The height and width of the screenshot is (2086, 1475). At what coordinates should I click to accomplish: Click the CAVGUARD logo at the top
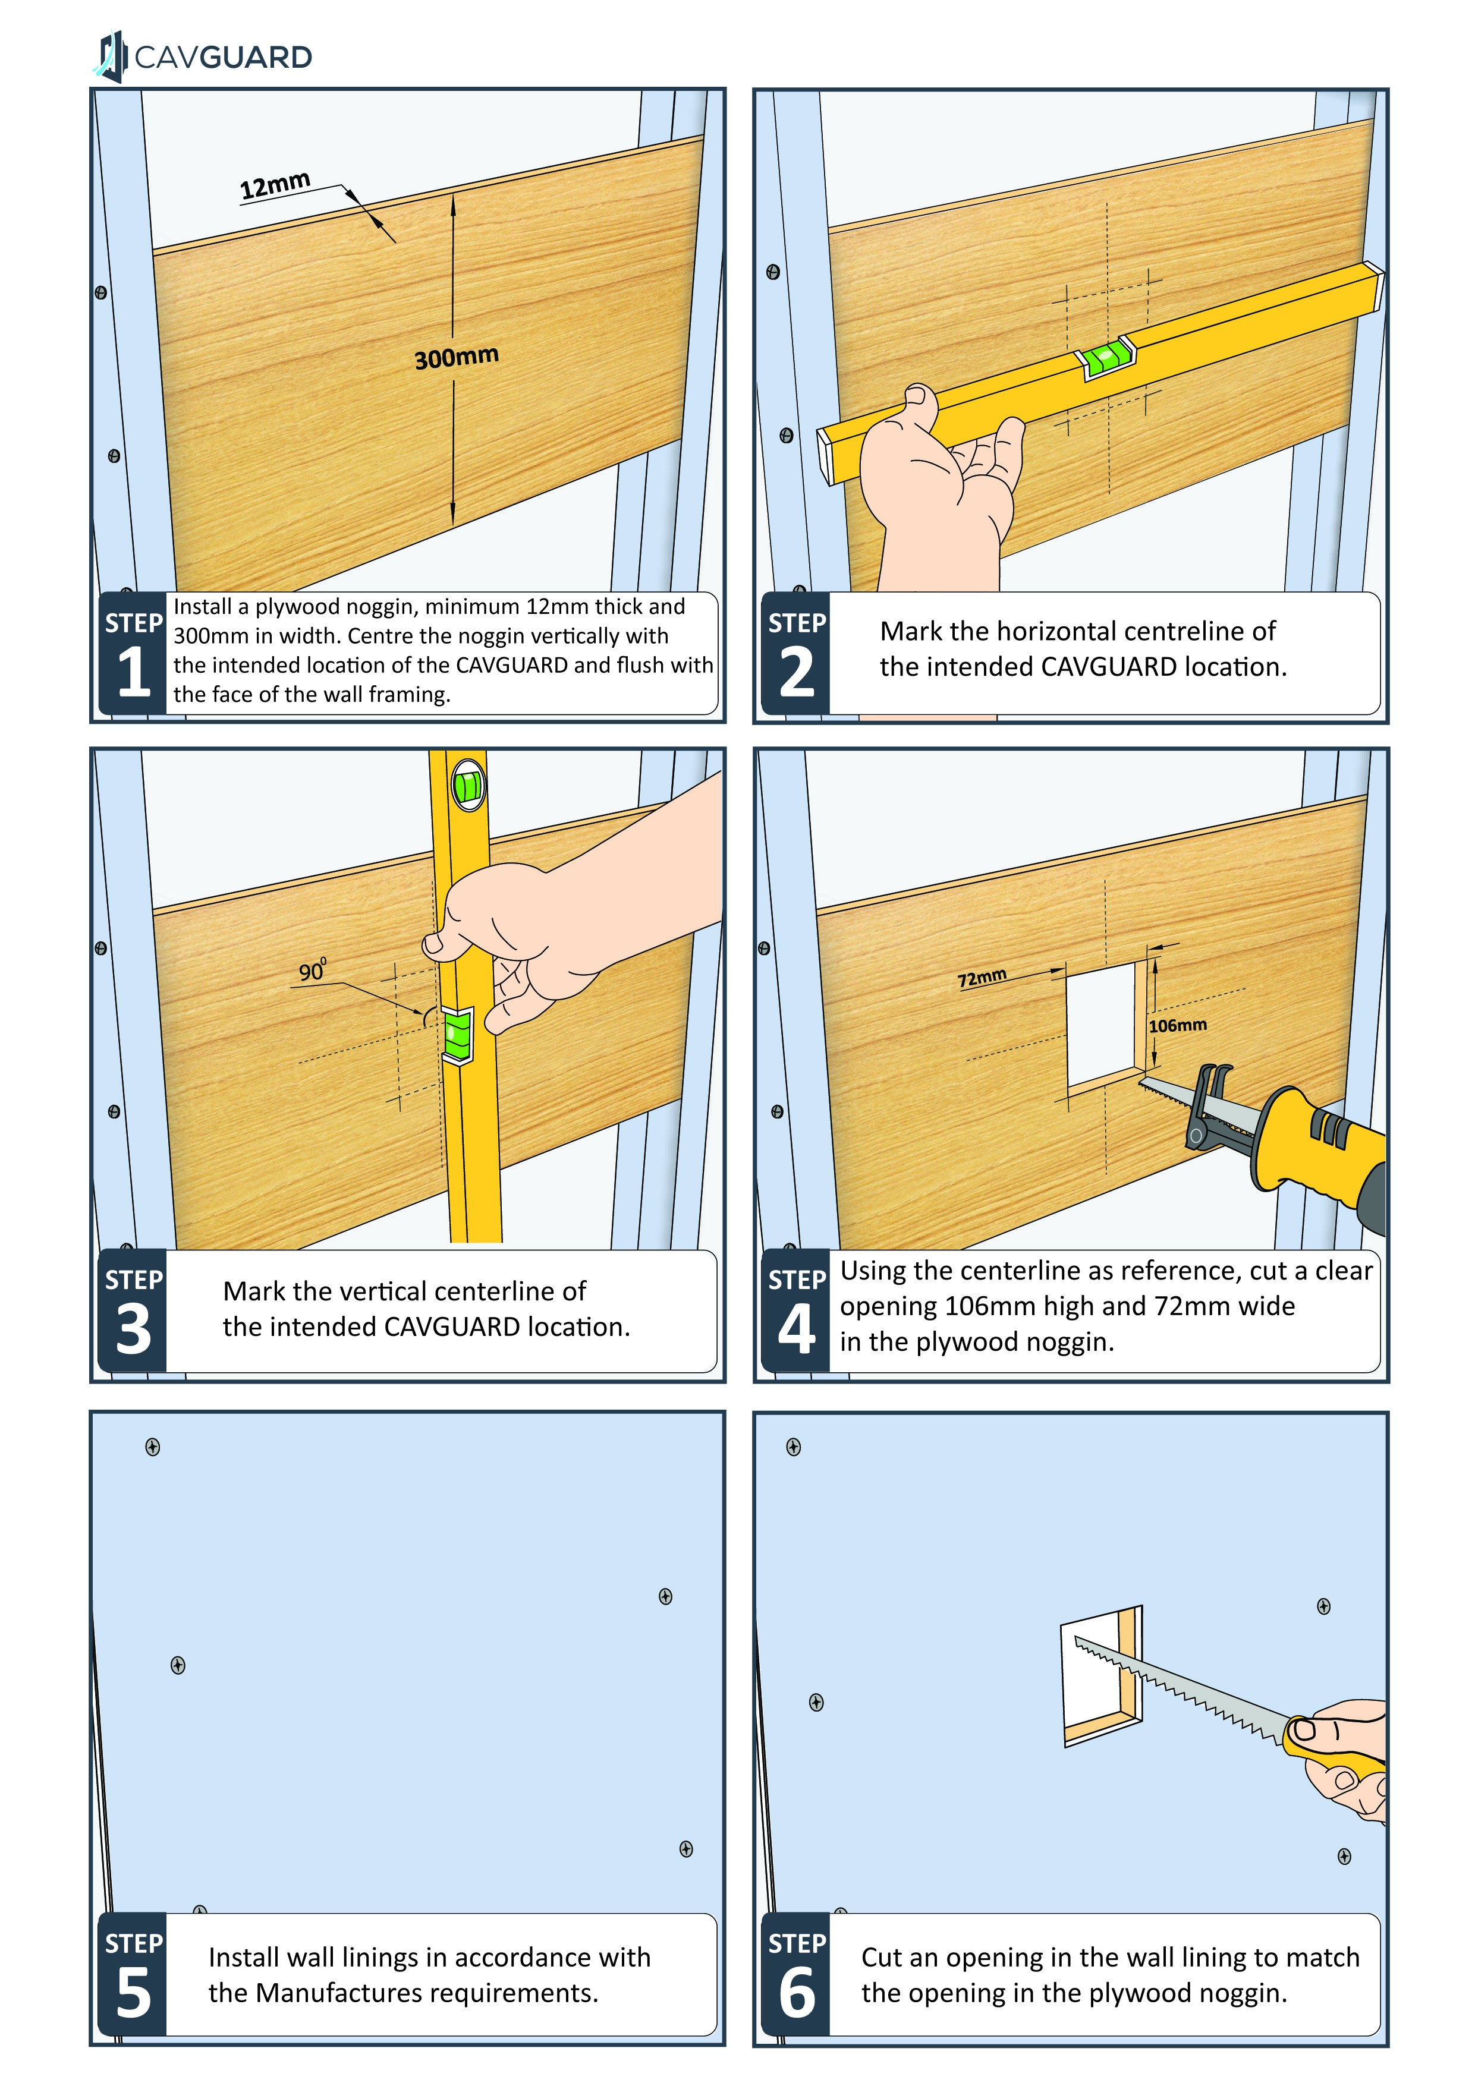[x=205, y=56]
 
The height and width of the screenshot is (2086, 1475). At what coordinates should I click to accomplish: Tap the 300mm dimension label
[x=456, y=357]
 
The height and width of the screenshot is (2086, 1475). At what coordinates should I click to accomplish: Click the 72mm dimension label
[x=982, y=978]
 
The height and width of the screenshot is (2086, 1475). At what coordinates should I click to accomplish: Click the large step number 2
[x=797, y=672]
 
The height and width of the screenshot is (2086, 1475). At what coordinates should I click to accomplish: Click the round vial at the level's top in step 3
[x=468, y=786]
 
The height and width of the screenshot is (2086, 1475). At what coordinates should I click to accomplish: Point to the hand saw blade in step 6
[x=1181, y=1690]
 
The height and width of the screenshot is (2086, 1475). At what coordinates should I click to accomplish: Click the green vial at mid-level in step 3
[x=457, y=1034]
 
